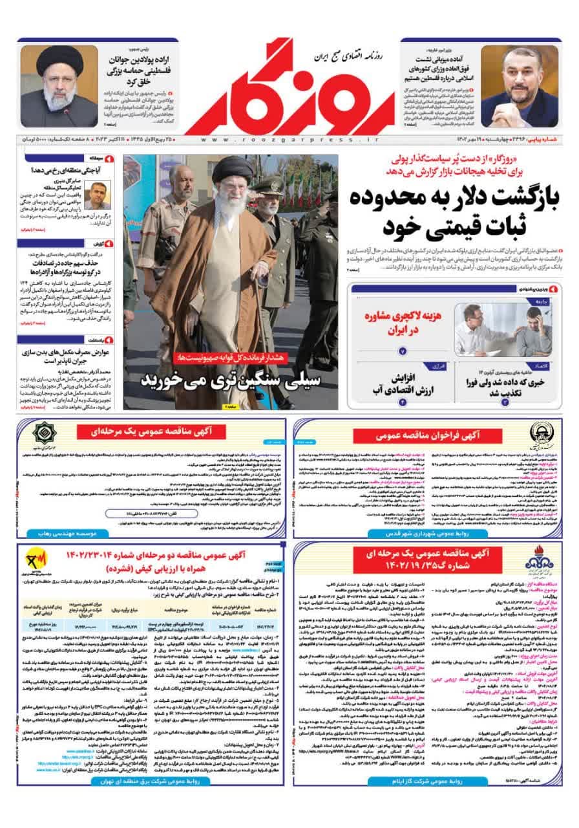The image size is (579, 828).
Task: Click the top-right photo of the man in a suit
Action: tap(518, 87)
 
